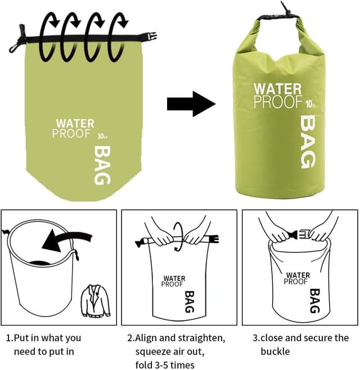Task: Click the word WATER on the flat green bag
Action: [75, 123]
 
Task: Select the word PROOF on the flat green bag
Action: [71, 133]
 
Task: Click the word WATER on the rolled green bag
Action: [277, 89]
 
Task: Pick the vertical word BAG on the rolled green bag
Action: [309, 142]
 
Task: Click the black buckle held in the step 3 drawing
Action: [294, 233]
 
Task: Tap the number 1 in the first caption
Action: [9, 338]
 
